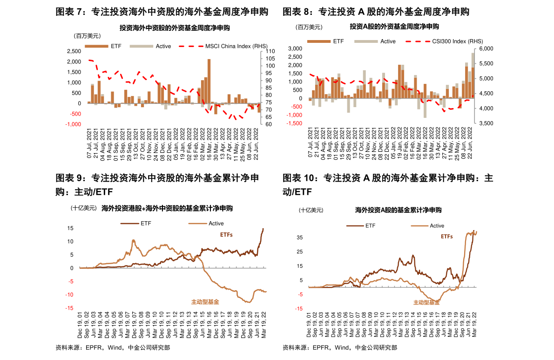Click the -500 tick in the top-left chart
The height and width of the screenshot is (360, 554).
point(75,114)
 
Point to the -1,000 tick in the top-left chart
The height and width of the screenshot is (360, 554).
point(74,124)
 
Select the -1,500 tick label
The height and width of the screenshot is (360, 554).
point(294,123)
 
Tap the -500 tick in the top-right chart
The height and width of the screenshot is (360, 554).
point(297,107)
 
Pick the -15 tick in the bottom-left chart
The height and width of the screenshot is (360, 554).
point(69,308)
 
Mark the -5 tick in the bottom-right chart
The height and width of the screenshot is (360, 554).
point(300,294)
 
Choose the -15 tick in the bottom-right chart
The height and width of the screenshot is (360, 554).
point(298,308)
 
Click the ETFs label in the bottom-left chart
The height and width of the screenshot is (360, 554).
point(226,235)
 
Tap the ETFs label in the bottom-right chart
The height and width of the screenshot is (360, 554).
point(447,237)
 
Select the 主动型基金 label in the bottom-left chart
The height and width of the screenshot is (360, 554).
point(205,302)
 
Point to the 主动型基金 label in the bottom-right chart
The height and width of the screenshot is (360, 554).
point(426,303)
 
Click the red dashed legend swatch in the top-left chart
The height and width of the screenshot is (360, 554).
point(191,46)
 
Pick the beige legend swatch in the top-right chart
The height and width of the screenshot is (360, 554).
point(366,41)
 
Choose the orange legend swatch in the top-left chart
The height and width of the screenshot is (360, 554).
point(96,46)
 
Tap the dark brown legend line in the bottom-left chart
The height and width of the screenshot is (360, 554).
point(129,224)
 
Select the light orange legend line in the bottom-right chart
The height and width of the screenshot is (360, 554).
point(419,226)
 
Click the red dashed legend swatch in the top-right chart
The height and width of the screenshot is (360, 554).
point(418,41)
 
